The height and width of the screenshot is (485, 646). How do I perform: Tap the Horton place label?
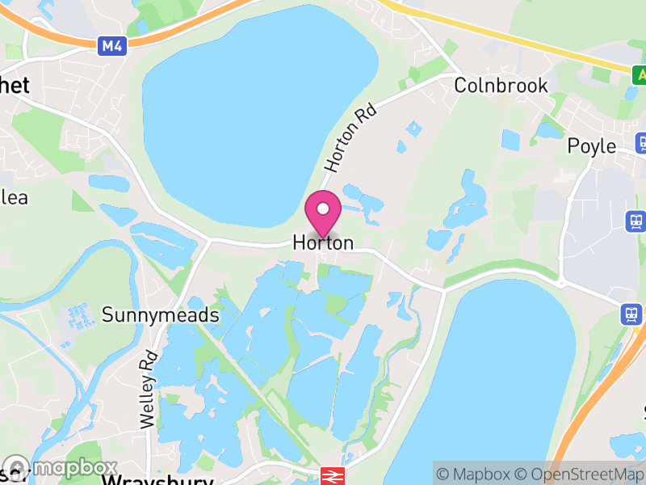coord(323,242)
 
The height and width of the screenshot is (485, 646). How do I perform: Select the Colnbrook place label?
coord(501,86)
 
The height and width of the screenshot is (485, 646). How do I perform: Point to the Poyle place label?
coord(591,146)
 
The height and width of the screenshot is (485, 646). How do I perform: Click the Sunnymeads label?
coord(160,314)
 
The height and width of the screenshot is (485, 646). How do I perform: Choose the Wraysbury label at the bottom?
coord(157,480)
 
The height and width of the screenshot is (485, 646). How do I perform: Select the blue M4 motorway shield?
coord(112,47)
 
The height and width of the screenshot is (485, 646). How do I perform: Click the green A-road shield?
coord(640,74)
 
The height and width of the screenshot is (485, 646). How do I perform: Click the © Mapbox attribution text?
coord(476,474)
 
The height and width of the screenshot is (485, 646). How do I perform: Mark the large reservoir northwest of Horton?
coord(258,105)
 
